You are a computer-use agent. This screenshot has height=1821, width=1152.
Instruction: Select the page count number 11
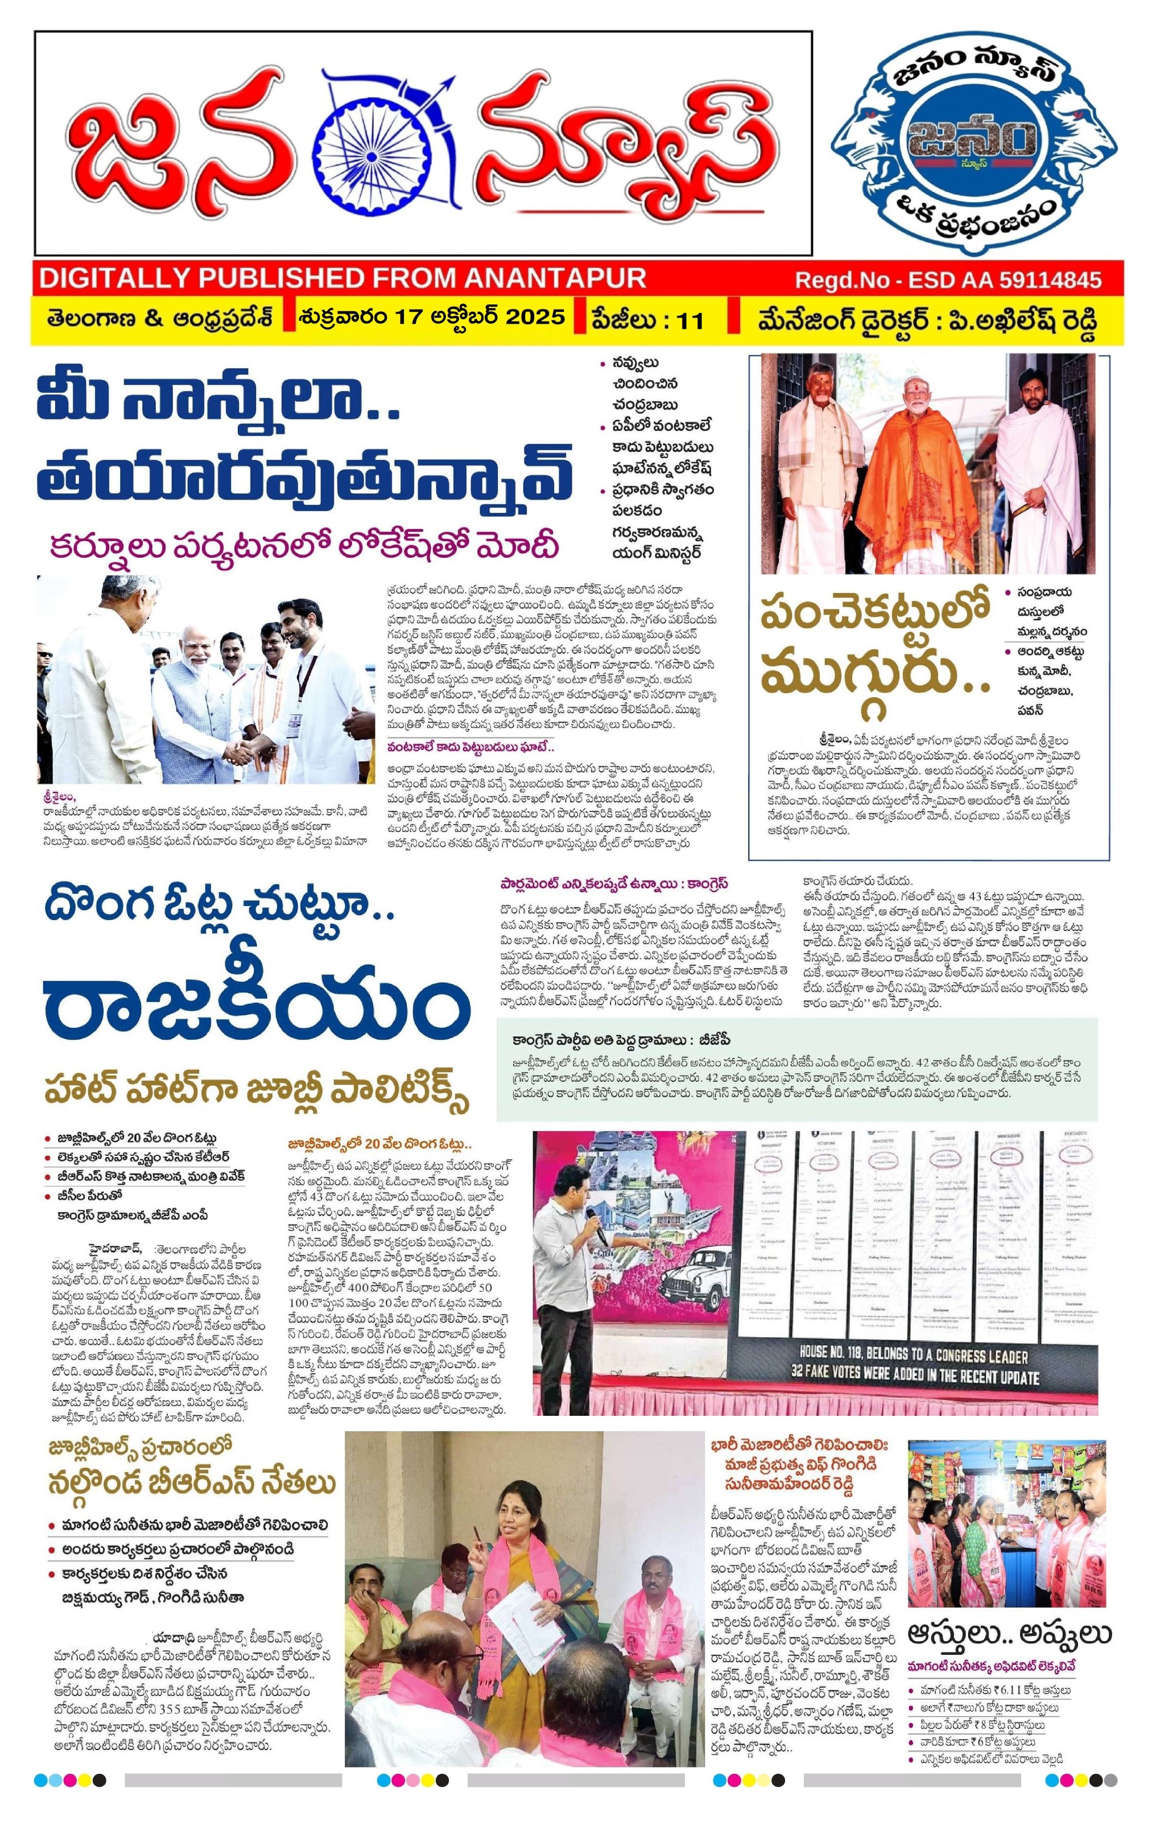[x=690, y=320]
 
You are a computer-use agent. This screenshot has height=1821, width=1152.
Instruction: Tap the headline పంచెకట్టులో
[x=874, y=616]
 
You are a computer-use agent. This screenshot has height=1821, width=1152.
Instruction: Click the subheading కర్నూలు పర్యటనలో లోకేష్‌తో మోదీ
[x=304, y=546]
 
